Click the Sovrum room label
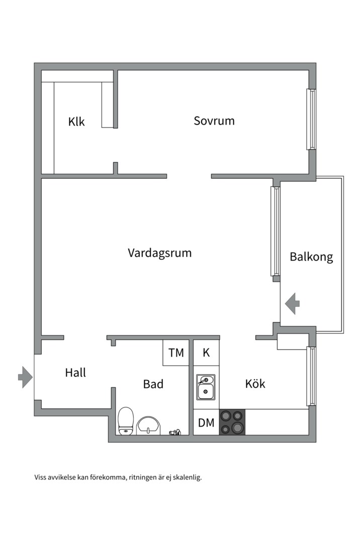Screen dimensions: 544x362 click(x=214, y=121)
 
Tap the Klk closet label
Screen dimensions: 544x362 click(x=76, y=121)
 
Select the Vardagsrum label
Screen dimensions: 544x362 click(x=159, y=252)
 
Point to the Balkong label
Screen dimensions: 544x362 click(x=311, y=257)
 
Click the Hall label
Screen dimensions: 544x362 click(x=75, y=373)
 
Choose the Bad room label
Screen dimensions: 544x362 click(x=153, y=384)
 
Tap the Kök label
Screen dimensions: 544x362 click(x=255, y=384)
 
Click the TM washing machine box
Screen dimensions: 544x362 click(x=176, y=353)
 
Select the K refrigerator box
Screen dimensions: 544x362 click(x=206, y=353)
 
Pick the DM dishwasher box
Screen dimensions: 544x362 click(x=206, y=423)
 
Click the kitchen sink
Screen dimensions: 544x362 click(x=206, y=387)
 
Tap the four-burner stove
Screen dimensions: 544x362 click(x=232, y=422)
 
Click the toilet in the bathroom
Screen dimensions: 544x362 click(x=126, y=421)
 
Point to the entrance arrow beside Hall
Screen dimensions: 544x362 click(x=25, y=377)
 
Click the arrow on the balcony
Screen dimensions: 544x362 click(x=292, y=304)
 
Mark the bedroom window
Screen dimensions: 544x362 click(x=312, y=119)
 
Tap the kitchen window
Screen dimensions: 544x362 click(x=312, y=376)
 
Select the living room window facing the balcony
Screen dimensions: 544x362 click(x=275, y=232)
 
